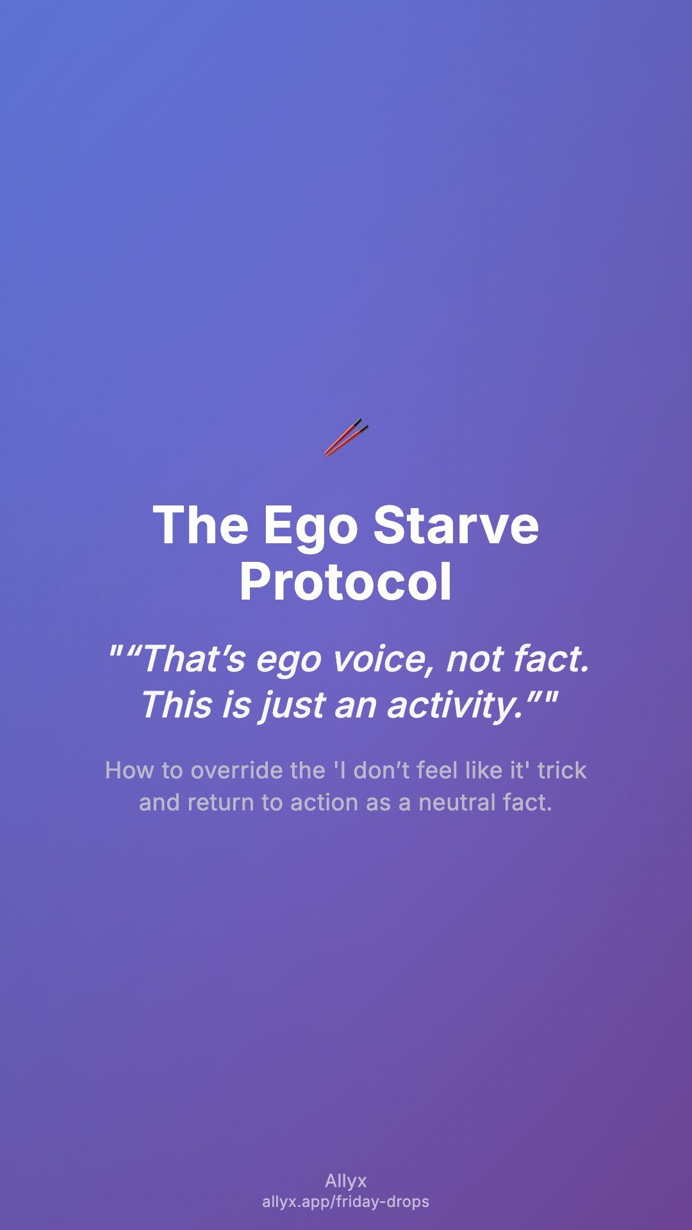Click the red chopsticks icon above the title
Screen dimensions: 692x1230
pyautogui.click(x=346, y=438)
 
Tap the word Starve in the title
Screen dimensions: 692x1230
pyautogui.click(x=456, y=525)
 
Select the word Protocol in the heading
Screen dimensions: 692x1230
pyautogui.click(x=346, y=582)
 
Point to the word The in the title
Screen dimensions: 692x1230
pyautogui.click(x=201, y=525)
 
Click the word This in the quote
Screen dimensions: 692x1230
pyautogui.click(x=175, y=705)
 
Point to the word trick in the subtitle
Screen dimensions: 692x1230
pyautogui.click(x=562, y=770)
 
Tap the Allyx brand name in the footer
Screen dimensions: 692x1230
pyautogui.click(x=346, y=1181)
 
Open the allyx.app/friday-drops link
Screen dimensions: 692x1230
pyautogui.click(x=346, y=1202)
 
